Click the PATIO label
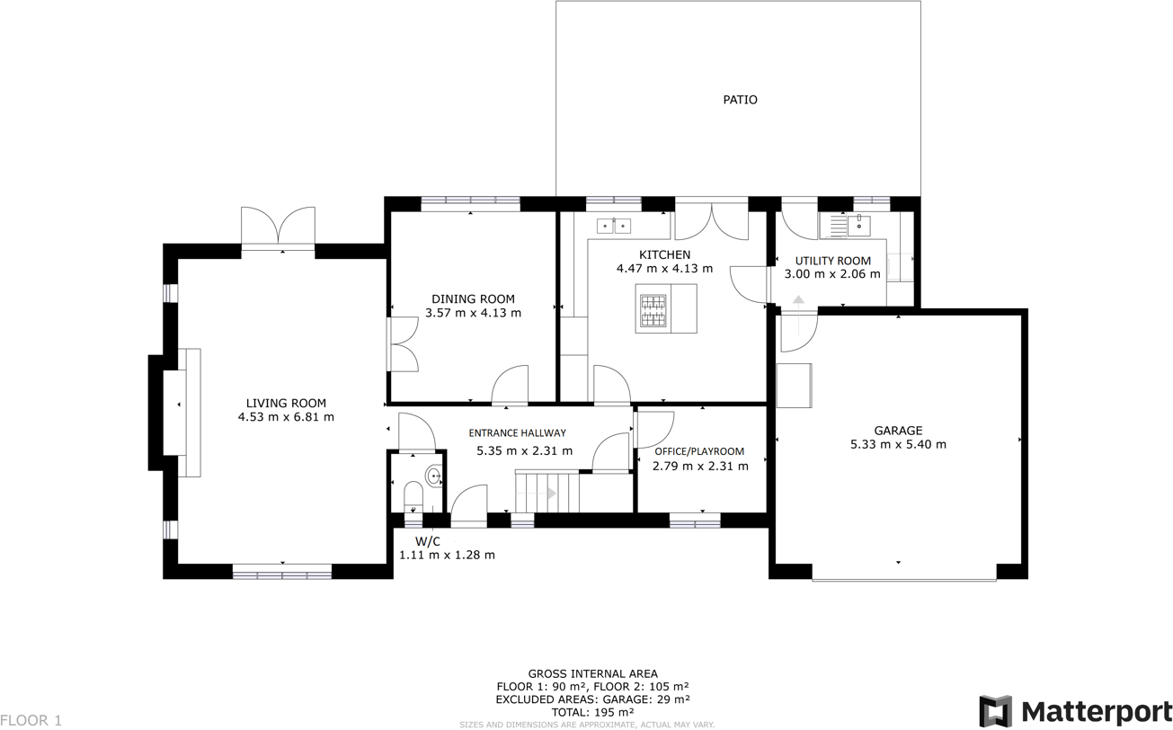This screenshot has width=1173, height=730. pos(740,100)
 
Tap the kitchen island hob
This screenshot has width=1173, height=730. pos(653,309)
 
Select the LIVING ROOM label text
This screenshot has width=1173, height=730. pos(286,404)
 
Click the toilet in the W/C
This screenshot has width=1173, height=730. pos(413,495)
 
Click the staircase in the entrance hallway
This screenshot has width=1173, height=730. pos(547,492)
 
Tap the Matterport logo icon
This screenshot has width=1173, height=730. pos(995,711)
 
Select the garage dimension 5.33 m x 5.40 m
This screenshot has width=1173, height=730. pos(898,444)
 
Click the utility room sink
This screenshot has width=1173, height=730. pos(858,225)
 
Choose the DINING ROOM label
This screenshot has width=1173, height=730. pos(473,299)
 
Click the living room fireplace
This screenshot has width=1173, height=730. pos(183,413)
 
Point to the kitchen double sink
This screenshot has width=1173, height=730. pos(614,226)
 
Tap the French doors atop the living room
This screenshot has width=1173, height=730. pos(279,228)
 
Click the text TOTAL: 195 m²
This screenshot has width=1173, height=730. pos(592,711)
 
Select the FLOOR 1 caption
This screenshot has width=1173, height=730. pos(31,720)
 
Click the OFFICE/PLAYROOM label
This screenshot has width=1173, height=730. pos(699,451)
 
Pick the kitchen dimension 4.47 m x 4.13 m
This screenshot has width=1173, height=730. pos(664,269)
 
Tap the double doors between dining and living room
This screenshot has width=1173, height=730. pos(401,344)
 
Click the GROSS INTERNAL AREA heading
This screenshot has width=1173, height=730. pos(592,673)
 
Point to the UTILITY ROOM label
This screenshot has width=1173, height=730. pos(832,262)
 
